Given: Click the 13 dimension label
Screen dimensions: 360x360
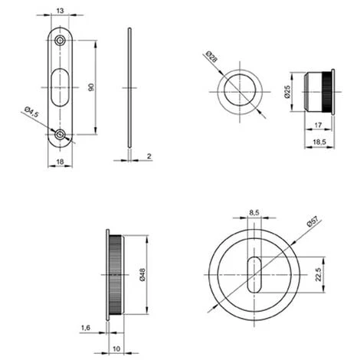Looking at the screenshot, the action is pos(60,11).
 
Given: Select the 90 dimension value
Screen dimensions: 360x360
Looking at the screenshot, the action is pos(91,87).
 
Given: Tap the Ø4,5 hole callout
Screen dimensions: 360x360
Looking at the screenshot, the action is pos(31,112).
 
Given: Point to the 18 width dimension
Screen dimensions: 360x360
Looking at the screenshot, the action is pos(60,162).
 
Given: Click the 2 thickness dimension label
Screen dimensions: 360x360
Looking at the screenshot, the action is pos(149,156).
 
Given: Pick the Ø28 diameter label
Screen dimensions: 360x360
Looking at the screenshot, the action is pos(211,57).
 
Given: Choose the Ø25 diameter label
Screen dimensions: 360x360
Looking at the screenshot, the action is pos(287,92).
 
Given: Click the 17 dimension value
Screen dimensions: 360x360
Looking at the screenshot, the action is pos(318,125).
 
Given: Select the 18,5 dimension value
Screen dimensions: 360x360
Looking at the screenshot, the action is pos(319,142).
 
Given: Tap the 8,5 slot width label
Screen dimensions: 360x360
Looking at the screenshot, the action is pos(254,212).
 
